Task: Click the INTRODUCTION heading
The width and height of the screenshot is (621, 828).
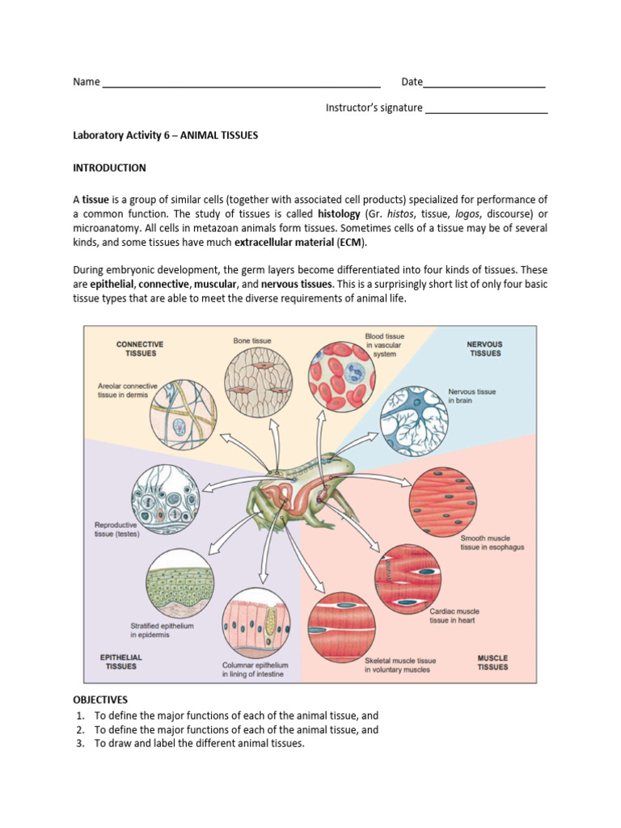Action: click(109, 168)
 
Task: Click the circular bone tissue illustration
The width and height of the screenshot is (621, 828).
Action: click(253, 380)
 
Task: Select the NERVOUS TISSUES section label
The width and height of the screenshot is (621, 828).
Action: click(484, 349)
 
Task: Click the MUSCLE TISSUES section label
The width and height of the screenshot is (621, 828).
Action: click(492, 662)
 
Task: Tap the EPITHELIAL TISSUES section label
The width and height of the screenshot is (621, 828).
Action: click(120, 661)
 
